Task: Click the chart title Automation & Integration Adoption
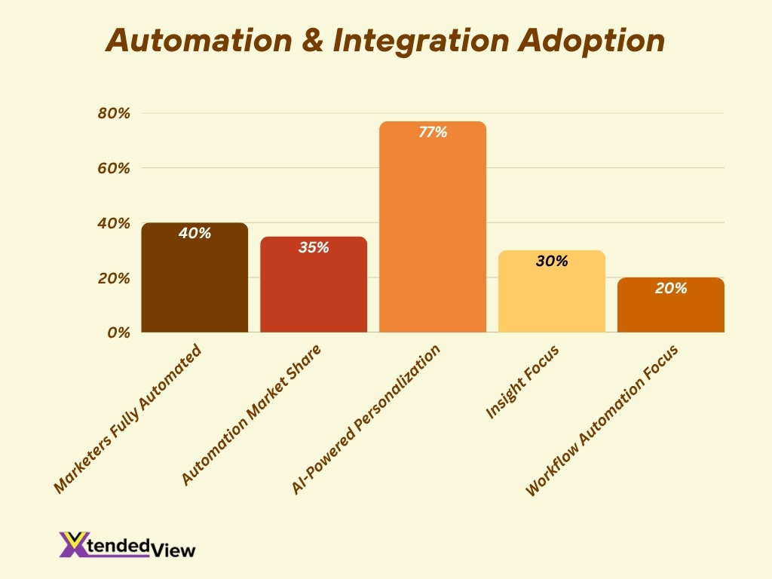(385, 40)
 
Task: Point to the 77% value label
(433, 133)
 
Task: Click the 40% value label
(195, 234)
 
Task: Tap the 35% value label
(314, 247)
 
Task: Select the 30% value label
(552, 262)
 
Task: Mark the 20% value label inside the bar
(671, 288)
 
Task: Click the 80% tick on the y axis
(114, 114)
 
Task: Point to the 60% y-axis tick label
(114, 168)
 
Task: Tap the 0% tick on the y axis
(118, 332)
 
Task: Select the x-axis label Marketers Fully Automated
(129, 419)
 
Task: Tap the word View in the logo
(173, 550)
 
